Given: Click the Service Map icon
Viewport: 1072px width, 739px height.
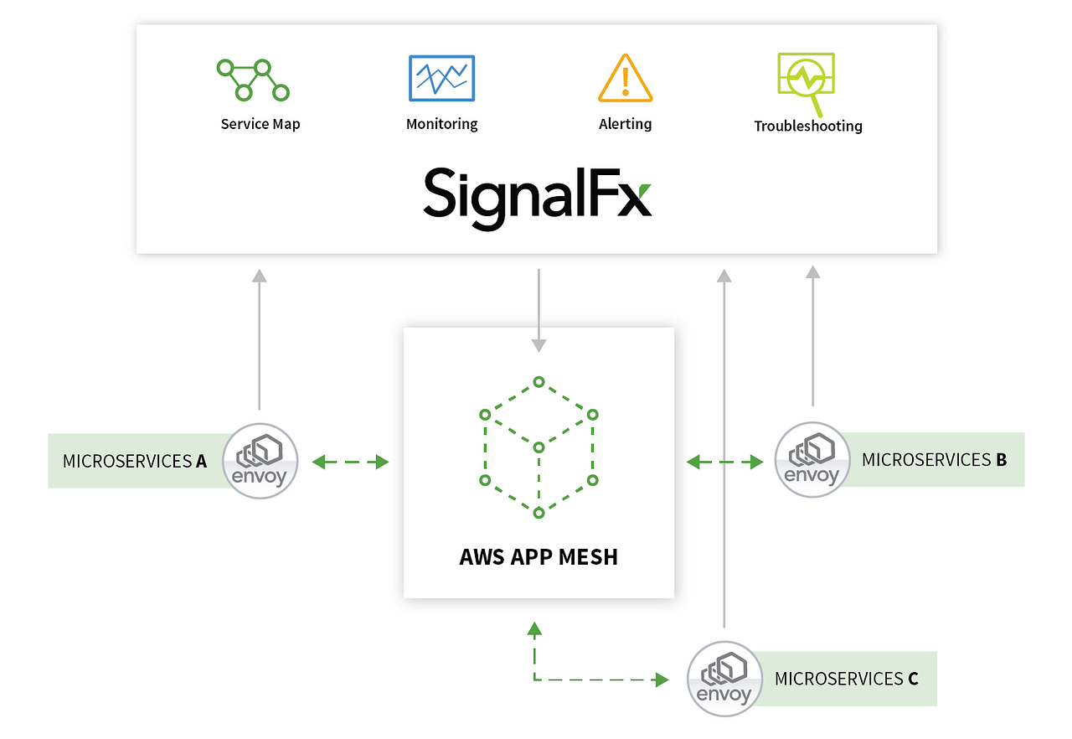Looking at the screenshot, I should click(253, 80).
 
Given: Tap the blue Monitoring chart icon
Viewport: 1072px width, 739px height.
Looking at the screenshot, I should click(441, 78).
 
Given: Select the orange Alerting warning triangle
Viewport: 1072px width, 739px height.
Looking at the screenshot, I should click(625, 78).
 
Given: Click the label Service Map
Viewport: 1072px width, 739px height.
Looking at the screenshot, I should click(260, 124).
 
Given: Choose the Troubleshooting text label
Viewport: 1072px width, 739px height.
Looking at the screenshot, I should click(807, 127).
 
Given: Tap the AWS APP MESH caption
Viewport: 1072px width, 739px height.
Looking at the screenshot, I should click(539, 557).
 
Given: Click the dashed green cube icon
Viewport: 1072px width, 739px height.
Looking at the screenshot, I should click(539, 447).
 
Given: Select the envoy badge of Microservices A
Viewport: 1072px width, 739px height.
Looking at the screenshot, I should click(260, 461).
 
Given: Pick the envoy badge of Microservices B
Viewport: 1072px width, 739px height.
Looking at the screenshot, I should click(812, 459).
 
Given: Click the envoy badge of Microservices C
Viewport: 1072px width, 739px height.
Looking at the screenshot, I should click(724, 679).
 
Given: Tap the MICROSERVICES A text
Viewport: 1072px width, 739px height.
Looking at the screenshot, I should click(135, 461).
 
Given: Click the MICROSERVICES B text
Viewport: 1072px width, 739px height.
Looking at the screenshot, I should click(934, 459).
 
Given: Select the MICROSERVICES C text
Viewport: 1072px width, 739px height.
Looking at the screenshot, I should click(846, 679).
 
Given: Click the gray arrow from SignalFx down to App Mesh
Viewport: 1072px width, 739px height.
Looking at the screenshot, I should click(539, 310).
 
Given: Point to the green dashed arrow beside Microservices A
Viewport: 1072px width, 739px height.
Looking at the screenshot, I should click(350, 461).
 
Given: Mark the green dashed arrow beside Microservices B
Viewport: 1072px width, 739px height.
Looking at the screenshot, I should click(724, 461).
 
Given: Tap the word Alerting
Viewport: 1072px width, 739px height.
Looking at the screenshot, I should click(625, 124).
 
